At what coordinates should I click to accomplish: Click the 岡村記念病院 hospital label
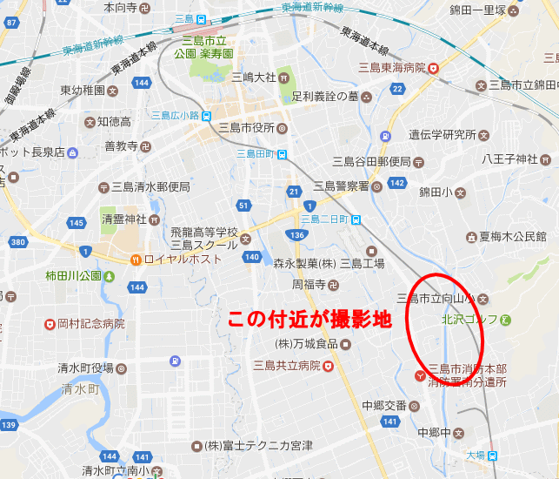pyautogui.click(x=87, y=324)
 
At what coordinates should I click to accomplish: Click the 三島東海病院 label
pyautogui.click(x=394, y=67)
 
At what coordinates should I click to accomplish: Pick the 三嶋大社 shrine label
pyautogui.click(x=252, y=78)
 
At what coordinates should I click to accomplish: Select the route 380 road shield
pyautogui.click(x=18, y=242)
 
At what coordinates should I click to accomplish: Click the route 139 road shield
pyautogui.click(x=10, y=425)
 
